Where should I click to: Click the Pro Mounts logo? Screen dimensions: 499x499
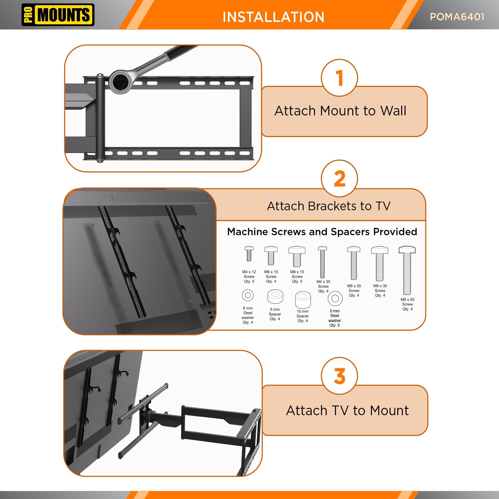pos(58,15)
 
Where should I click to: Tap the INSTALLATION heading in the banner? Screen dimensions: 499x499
pos(273,17)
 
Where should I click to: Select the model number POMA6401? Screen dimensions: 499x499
pos(457,17)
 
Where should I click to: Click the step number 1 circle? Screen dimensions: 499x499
pos(339,78)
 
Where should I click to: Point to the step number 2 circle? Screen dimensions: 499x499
pos(339,179)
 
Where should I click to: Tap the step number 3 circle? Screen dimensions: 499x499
pos(339,376)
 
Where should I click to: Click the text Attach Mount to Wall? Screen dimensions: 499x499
pos(340,111)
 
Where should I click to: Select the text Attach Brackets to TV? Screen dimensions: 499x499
pos(328,206)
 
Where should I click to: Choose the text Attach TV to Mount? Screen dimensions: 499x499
pos(347,411)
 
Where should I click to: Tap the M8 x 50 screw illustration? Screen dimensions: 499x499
pos(407,270)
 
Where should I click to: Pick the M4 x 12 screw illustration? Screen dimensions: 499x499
pos(249,253)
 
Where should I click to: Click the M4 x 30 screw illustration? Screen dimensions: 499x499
pos(322,262)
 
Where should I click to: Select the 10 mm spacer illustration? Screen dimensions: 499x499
pos(303,300)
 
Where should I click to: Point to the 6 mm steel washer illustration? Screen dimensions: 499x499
pos(248,295)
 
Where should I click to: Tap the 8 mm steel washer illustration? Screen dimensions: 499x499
pos(335,298)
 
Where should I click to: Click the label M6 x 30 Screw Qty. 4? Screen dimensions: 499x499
pos(354,290)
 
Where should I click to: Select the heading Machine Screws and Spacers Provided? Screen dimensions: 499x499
pos(322,232)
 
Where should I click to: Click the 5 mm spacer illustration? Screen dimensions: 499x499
pos(275,296)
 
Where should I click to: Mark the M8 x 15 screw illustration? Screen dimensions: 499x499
pos(297,256)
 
